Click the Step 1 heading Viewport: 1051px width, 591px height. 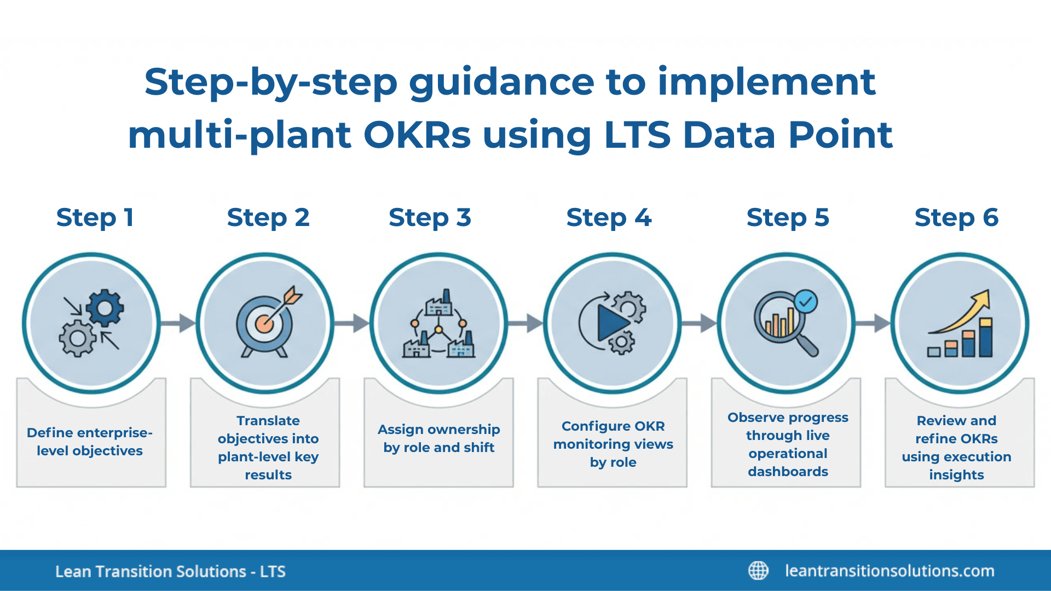tap(95, 218)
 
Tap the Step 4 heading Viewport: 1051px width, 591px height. tap(609, 218)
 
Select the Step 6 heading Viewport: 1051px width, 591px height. tap(956, 218)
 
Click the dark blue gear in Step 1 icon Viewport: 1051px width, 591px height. tap(105, 308)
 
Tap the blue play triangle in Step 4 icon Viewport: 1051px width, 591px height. tap(612, 323)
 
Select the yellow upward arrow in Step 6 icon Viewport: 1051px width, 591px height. tap(966, 312)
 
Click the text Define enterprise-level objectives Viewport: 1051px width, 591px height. tap(90, 442)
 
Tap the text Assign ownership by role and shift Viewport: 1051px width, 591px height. tap(438, 438)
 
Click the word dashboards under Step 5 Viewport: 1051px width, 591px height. tap(788, 472)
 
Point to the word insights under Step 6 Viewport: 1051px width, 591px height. tap(956, 475)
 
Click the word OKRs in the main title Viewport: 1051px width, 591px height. tap(417, 135)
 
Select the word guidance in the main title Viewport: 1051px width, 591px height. tap(501, 82)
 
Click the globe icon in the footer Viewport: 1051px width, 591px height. tap(758, 571)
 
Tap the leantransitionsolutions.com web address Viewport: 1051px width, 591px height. tap(890, 571)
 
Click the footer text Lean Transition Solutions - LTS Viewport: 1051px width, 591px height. tap(170, 571)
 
